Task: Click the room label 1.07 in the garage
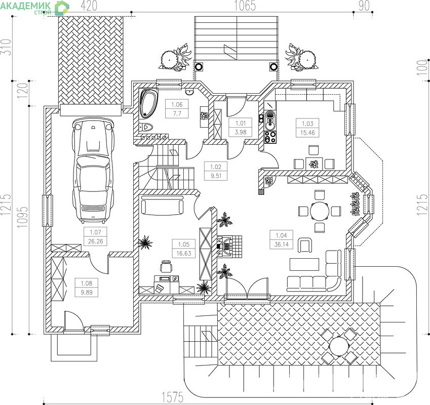[x=95, y=232]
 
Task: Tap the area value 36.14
[x=282, y=245]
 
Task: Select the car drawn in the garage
[x=93, y=170]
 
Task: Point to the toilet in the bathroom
[x=146, y=127]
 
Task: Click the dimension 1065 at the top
[x=245, y=6]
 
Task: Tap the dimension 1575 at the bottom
[x=173, y=397]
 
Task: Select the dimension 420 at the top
[x=89, y=6]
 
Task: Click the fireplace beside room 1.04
[x=229, y=247]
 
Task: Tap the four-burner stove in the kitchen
[x=270, y=137]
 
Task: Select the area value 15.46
[x=307, y=133]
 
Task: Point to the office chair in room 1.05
[x=166, y=266]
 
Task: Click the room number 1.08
[x=87, y=283]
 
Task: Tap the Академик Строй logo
[x=34, y=8]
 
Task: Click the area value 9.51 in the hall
[x=216, y=176]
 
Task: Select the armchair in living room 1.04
[x=305, y=245]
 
